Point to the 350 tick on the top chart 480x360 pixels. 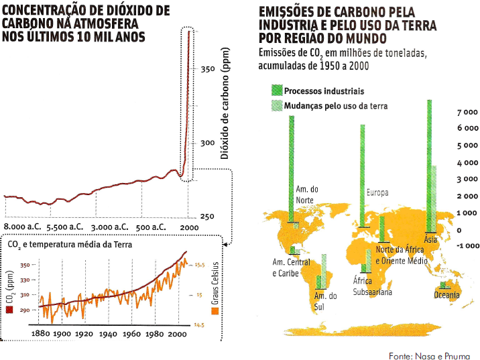[x=207, y=69]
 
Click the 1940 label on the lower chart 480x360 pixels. [x=107, y=333]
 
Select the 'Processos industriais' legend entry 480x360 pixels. [x=323, y=91]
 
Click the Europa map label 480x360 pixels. [x=377, y=193]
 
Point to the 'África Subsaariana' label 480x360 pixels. [x=372, y=286]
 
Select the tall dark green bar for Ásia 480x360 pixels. [x=428, y=168]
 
